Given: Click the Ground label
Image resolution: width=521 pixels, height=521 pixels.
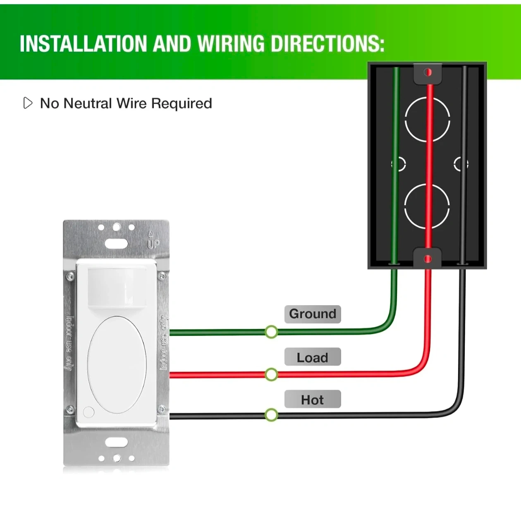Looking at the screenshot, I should [312, 314].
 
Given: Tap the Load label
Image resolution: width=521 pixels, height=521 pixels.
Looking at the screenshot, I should [312, 357].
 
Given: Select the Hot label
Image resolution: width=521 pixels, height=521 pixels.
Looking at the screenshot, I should [312, 400].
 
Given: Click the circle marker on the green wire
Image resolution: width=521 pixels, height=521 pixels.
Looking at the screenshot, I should [271, 332].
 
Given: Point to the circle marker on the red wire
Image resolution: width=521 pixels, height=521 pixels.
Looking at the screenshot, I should [271, 375].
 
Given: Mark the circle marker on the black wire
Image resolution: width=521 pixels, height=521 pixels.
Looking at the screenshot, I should [271, 415].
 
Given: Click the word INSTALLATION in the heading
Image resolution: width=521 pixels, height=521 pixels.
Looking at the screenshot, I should [83, 43].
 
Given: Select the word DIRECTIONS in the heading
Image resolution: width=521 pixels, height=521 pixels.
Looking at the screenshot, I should [327, 43].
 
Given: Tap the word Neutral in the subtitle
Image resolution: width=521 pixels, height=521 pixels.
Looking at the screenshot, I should [88, 103].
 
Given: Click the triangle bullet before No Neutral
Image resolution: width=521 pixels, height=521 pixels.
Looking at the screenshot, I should [28, 103].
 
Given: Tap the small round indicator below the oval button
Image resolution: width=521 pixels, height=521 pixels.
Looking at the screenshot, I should [88, 412].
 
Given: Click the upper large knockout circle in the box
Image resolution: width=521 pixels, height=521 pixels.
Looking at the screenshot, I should [427, 119].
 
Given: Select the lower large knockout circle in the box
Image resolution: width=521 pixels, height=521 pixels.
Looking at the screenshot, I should [427, 207].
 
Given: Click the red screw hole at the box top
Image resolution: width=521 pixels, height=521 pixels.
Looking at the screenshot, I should [428, 72].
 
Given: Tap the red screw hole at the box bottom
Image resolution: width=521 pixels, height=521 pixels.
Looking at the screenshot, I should [428, 259].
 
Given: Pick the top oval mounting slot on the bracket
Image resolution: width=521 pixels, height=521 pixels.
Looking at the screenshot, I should [116, 244].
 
